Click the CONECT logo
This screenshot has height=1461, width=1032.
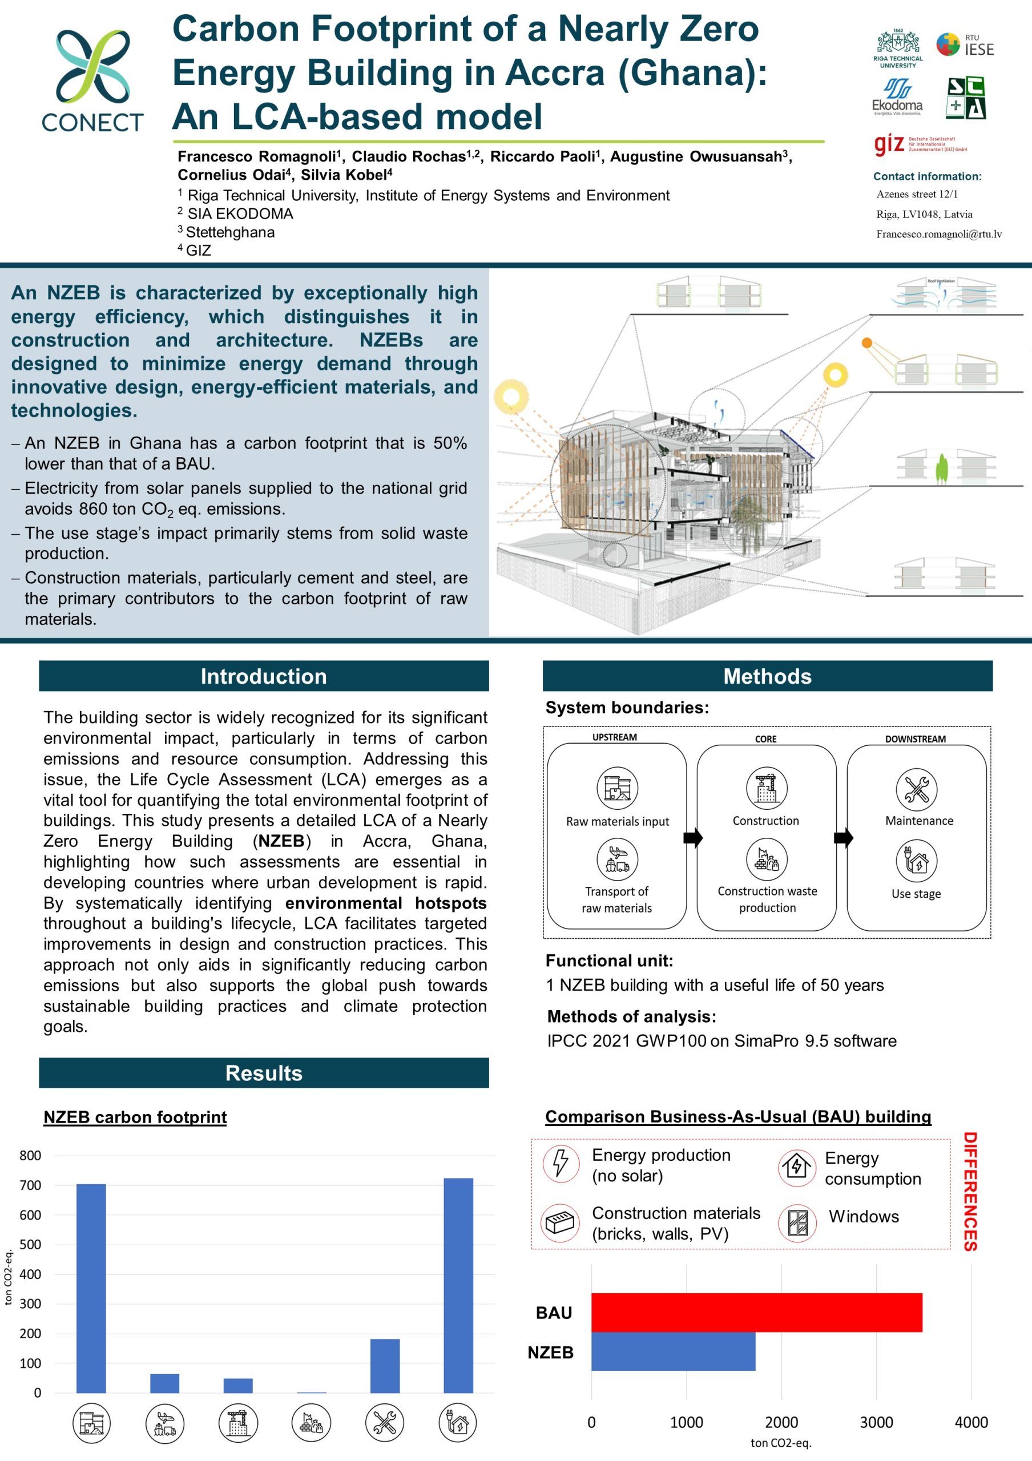click(x=92, y=79)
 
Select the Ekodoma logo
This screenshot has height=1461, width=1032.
click(x=897, y=96)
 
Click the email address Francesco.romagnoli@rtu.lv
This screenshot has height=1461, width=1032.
click(x=938, y=234)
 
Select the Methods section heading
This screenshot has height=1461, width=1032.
click(x=767, y=676)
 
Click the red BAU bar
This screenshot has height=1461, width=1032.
click(x=756, y=1311)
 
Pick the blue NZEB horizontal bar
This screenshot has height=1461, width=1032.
click(x=672, y=1351)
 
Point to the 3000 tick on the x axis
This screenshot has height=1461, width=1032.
click(x=876, y=1422)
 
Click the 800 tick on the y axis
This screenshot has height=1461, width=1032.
click(x=30, y=1156)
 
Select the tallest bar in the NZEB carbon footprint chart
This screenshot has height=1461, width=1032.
click(x=458, y=1285)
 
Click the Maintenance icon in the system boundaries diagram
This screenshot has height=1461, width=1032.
click(x=916, y=788)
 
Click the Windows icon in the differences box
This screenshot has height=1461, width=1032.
click(x=797, y=1222)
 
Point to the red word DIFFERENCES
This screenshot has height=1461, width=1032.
click(x=970, y=1191)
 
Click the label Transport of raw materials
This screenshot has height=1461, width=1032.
click(x=616, y=899)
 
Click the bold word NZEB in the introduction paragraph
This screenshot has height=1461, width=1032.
click(x=281, y=841)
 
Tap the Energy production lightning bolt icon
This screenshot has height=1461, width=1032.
click(x=561, y=1163)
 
